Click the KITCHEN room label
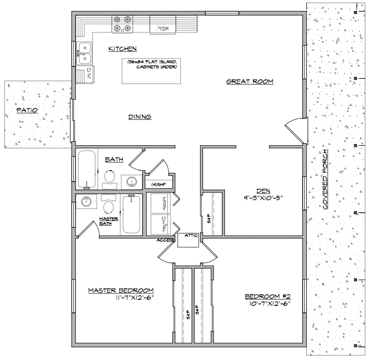point(122,49)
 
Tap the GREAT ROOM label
point(249,81)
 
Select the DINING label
point(139,117)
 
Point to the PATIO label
point(26,110)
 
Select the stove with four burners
point(123,24)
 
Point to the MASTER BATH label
point(109,221)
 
